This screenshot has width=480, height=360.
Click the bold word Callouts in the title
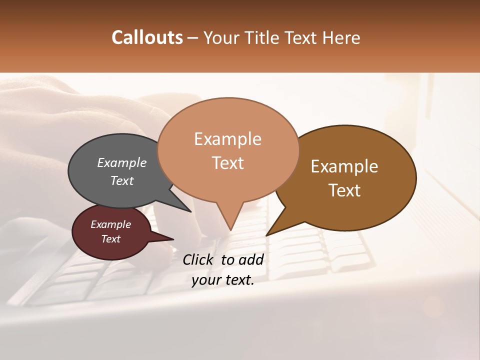(147, 38)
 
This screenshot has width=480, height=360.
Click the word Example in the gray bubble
(122, 162)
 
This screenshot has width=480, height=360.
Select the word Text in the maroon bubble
(111, 239)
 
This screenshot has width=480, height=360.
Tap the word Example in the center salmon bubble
(227, 139)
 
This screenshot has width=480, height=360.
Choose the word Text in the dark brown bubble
(344, 190)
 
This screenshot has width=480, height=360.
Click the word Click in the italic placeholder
(198, 259)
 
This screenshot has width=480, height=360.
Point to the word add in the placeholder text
(251, 259)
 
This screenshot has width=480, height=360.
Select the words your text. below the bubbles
(223, 280)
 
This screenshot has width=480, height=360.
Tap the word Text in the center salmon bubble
(227, 163)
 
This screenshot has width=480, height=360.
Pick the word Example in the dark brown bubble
(344, 166)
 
